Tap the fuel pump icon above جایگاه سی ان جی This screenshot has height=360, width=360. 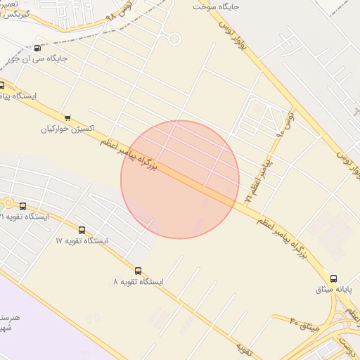coord(37,48)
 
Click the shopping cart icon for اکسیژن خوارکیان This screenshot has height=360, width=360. coord(67,118)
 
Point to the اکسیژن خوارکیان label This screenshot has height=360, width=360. coord(67,129)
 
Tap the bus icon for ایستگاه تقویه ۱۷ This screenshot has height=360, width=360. coord(82,230)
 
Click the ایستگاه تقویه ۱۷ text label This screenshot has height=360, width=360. coord(82,241)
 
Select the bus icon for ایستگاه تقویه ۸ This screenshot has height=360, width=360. coord(137,270)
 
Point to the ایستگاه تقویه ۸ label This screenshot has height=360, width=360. coord(138,281)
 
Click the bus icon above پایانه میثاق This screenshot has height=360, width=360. coord(333,278)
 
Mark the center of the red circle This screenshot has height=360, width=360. coord(180,179)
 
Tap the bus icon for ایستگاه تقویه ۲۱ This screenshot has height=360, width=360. coord(23,206)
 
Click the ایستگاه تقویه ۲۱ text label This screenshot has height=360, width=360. coord(24,217)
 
